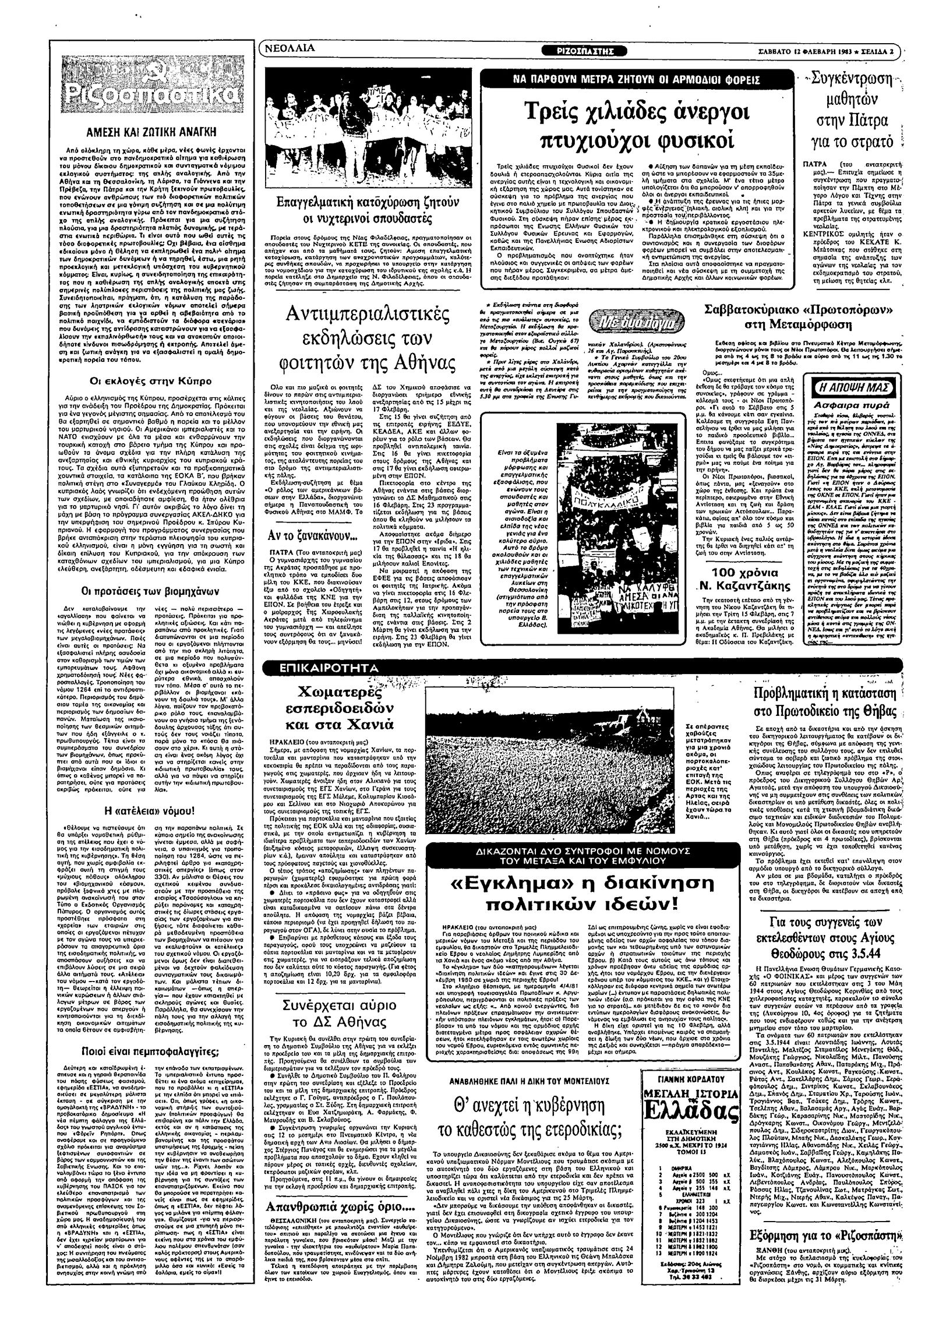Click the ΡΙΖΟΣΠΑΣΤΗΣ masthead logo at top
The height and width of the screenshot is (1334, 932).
pyautogui.click(x=582, y=50)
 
